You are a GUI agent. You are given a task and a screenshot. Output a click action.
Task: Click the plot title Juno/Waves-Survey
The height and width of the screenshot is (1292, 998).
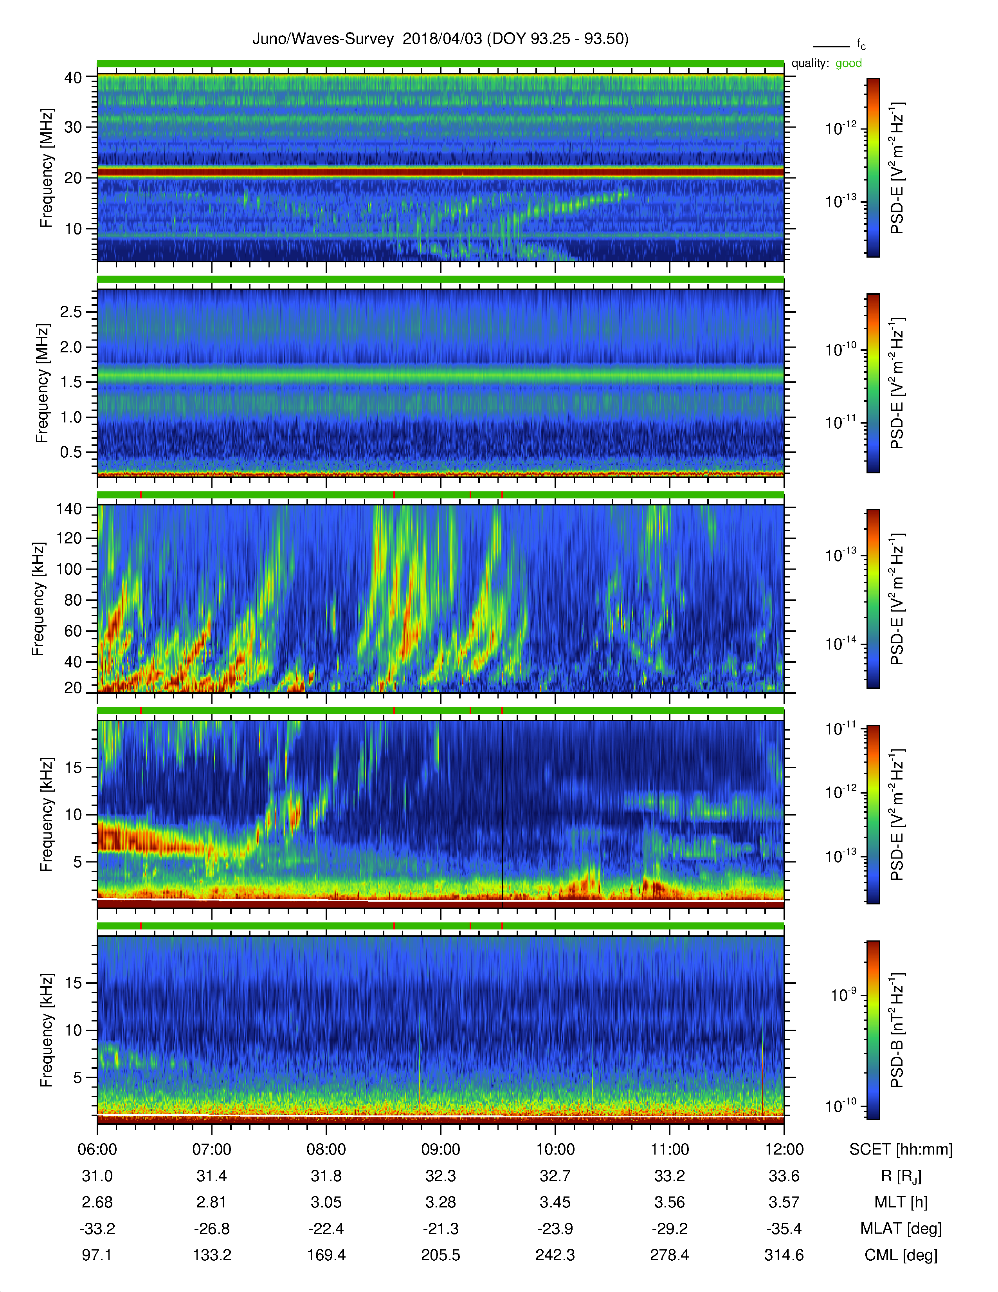323,39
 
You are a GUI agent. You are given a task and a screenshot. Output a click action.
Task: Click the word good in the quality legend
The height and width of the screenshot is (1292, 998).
848,63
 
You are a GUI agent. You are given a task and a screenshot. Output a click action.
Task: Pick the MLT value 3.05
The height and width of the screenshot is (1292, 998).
326,1202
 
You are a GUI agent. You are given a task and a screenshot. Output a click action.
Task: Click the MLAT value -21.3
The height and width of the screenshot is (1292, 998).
440,1229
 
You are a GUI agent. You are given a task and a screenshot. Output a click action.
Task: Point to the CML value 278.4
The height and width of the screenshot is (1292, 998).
669,1255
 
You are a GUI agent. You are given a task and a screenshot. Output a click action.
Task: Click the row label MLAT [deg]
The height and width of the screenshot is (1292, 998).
901,1229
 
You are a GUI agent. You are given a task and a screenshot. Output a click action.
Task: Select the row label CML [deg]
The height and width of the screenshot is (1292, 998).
901,1255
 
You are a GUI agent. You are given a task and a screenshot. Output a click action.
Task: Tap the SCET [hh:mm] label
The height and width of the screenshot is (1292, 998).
901,1149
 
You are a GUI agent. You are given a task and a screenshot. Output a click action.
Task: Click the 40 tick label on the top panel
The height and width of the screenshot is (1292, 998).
73,78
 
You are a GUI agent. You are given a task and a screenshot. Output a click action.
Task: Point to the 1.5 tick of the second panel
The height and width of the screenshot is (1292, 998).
71,382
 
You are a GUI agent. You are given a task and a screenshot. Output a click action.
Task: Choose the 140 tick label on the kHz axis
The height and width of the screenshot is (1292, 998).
69,508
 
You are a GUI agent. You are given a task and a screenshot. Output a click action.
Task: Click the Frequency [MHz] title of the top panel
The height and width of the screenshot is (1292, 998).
47,168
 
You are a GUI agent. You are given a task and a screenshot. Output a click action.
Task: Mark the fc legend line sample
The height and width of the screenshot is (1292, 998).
831,46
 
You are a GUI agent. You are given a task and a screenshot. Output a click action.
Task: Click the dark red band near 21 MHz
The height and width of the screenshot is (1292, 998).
440,172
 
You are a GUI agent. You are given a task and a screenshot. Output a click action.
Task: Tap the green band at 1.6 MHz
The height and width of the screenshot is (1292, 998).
440,375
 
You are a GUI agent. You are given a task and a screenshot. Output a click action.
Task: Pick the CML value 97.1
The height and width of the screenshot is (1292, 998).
97,1255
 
